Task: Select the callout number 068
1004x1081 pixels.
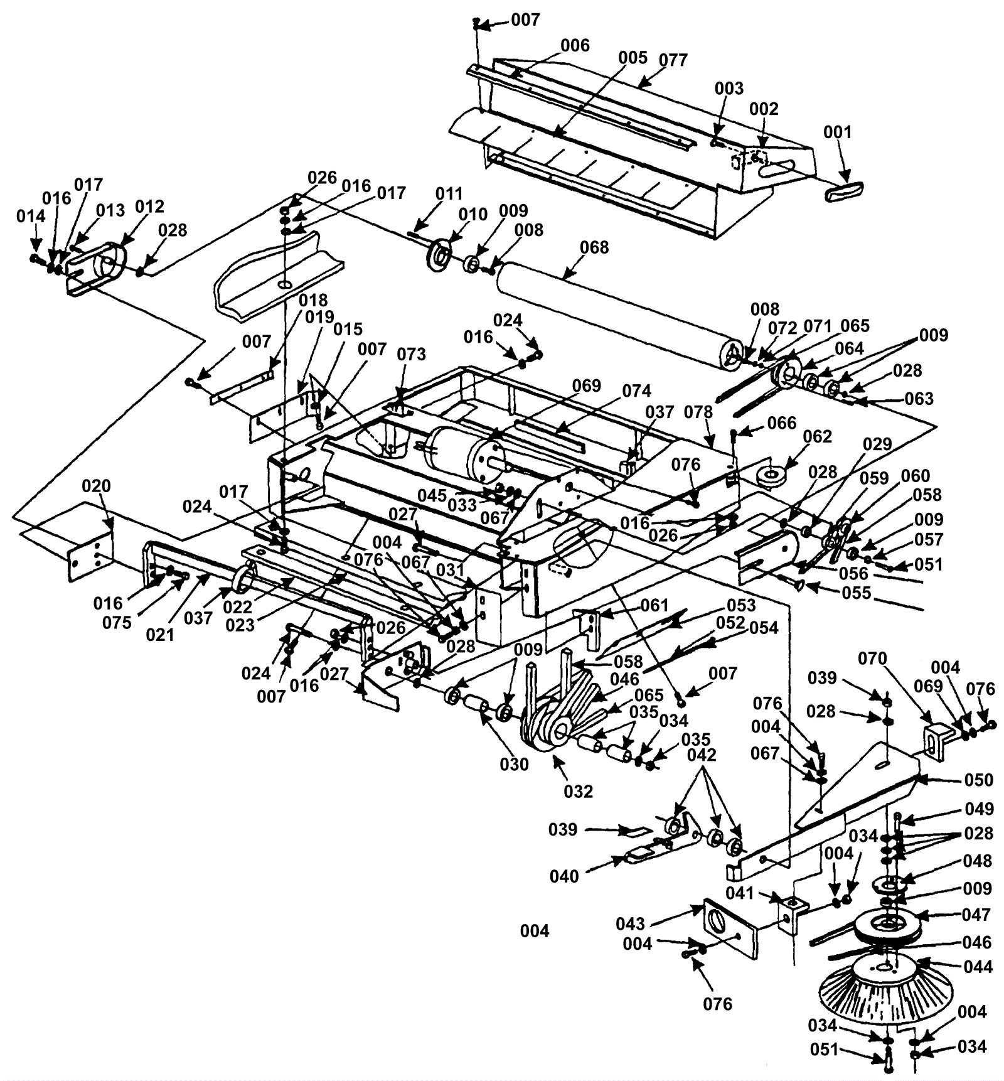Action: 594,247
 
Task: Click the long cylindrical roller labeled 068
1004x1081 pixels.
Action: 615,314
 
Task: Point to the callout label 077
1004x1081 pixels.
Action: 673,60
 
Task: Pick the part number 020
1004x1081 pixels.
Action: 96,487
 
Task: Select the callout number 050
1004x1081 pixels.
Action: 979,780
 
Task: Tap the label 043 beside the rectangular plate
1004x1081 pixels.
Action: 630,923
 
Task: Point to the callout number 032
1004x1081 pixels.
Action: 578,791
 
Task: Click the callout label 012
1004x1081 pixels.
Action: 149,207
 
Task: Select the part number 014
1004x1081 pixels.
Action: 31,217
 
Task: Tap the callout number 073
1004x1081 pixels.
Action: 411,354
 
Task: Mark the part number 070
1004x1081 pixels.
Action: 873,659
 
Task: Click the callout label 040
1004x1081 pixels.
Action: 564,876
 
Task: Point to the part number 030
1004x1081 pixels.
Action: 514,765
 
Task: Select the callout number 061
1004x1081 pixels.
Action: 654,605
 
